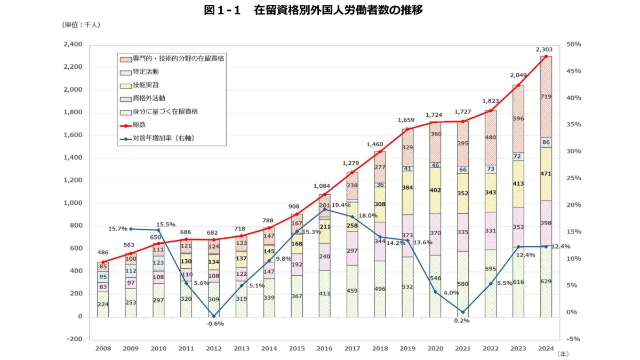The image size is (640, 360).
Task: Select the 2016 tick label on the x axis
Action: tap(324, 348)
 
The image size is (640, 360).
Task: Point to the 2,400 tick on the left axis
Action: tap(73, 44)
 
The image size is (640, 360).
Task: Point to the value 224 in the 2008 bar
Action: tap(103, 305)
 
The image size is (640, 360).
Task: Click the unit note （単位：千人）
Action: tap(82, 25)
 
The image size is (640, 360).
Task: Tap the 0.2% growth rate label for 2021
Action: tap(462, 321)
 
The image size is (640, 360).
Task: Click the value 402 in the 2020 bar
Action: tap(436, 190)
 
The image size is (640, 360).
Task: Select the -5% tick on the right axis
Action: tap(574, 339)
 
